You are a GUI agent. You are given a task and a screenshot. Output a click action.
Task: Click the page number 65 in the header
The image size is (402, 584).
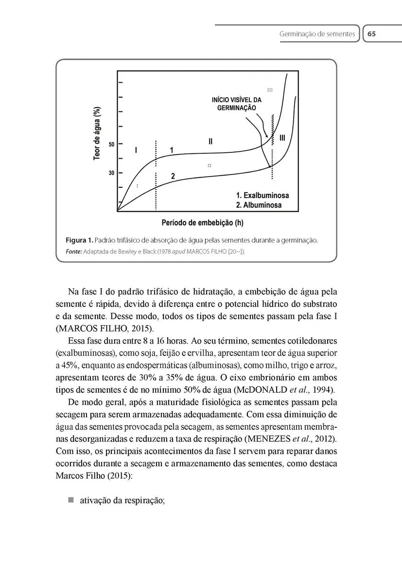(372, 34)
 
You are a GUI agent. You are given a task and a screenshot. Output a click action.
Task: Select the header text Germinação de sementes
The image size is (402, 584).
(317, 35)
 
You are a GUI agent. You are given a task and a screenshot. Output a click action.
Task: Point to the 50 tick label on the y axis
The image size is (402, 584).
(111, 145)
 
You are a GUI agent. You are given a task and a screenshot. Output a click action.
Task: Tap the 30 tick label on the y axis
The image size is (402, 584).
(111, 173)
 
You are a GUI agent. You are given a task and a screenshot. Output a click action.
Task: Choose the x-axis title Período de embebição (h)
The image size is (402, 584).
(202, 223)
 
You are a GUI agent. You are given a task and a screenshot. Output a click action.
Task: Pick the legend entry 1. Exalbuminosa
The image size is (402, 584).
(262, 195)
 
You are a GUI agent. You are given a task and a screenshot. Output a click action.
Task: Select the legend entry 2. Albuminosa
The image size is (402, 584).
(259, 205)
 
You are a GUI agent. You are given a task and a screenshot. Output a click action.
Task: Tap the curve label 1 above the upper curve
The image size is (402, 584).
(171, 150)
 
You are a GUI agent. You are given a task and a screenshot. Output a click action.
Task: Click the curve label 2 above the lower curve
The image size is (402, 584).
(173, 176)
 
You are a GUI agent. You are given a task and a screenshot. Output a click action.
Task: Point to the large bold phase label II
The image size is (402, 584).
(210, 142)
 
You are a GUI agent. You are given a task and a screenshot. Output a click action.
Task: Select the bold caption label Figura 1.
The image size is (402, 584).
(79, 240)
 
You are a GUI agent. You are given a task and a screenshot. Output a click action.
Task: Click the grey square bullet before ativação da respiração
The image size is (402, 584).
(70, 500)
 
